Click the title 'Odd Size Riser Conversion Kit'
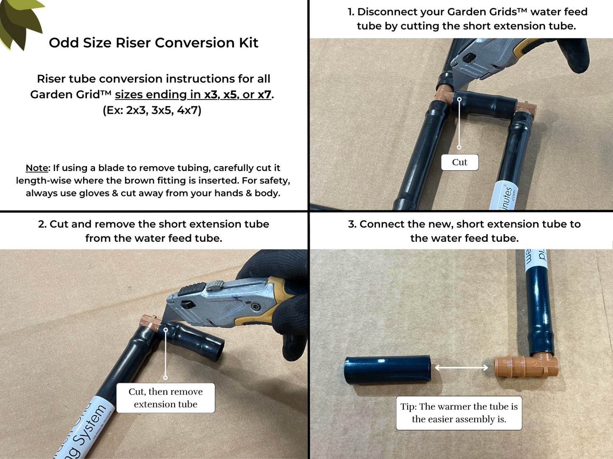153,43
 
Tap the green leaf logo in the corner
19,21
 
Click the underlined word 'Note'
37,168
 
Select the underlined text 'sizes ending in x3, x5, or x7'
193,94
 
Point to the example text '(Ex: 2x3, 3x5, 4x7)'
152,110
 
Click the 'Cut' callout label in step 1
459,162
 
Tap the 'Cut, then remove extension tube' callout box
165,398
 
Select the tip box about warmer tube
459,413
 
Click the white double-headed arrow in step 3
462,368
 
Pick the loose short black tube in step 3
387,370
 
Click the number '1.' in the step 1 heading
351,12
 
